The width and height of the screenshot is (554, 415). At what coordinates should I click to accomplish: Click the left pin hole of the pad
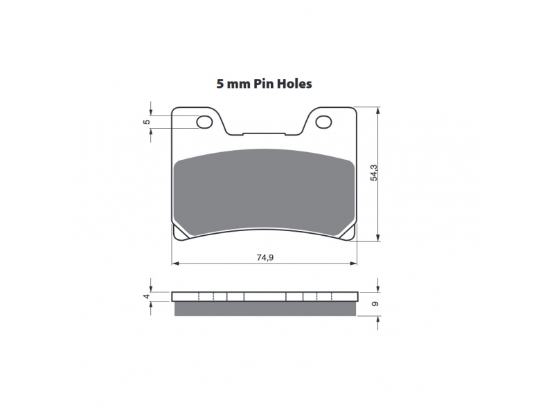click(204, 122)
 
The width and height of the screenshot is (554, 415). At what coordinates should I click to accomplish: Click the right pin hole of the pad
click(323, 122)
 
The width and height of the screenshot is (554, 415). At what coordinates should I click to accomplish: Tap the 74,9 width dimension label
click(265, 257)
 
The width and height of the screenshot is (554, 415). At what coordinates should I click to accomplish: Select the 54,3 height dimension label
click(374, 173)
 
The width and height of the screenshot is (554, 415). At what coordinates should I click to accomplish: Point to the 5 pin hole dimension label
click(146, 122)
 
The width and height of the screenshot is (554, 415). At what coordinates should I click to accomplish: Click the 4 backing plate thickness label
click(146, 297)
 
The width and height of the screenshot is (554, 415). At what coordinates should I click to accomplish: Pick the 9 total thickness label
click(375, 304)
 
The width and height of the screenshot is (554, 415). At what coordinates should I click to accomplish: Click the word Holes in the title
click(294, 84)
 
